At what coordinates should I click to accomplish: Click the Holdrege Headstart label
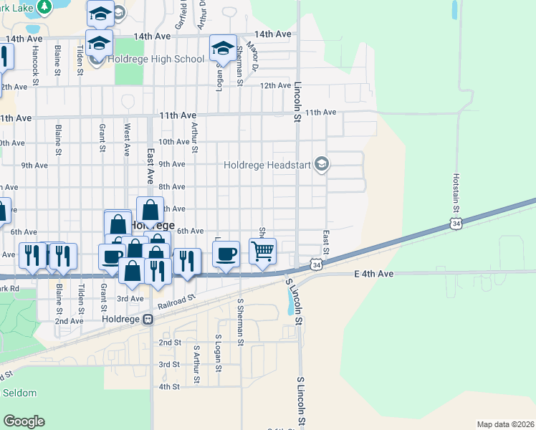click(267, 165)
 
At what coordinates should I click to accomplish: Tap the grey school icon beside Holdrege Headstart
click(321, 165)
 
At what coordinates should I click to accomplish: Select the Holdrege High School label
click(157, 59)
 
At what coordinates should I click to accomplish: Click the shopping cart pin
click(263, 252)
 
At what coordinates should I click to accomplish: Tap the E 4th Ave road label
click(374, 274)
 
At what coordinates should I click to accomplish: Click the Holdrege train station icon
click(148, 320)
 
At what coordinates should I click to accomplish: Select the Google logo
click(24, 421)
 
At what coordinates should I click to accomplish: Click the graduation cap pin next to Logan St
click(223, 49)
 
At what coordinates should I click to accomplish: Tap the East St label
click(326, 242)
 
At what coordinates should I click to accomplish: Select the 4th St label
click(169, 386)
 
